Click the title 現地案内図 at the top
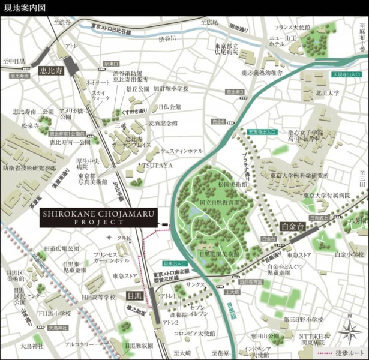(23, 8)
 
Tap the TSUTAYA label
(157, 165)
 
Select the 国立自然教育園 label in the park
(219, 203)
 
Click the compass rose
(346, 328)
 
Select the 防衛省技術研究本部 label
(29, 168)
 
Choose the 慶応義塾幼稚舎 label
(262, 73)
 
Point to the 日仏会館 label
(170, 107)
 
